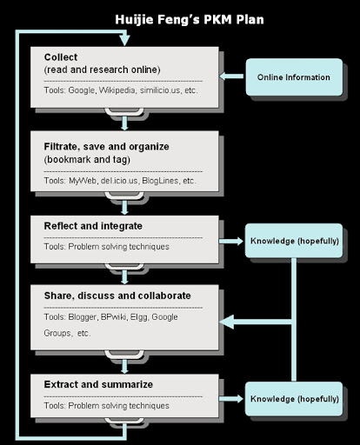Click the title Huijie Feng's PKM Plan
tap(190, 20)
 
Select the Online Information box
tap(294, 77)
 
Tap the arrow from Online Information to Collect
tap(231, 76)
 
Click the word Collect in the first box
tap(61, 57)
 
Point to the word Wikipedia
tap(117, 90)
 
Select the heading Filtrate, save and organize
tap(106, 147)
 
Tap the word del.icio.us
tap(119, 181)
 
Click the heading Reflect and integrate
tap(93, 226)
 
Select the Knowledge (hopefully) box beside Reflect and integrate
tap(294, 241)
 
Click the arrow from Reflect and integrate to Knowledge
tap(231, 241)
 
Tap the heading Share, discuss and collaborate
tap(117, 296)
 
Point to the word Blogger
tap(82, 317)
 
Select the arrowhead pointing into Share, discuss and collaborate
tap(227, 322)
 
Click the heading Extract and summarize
tap(98, 384)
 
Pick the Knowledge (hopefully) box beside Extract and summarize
tap(294, 399)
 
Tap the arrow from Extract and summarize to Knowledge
tap(231, 399)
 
